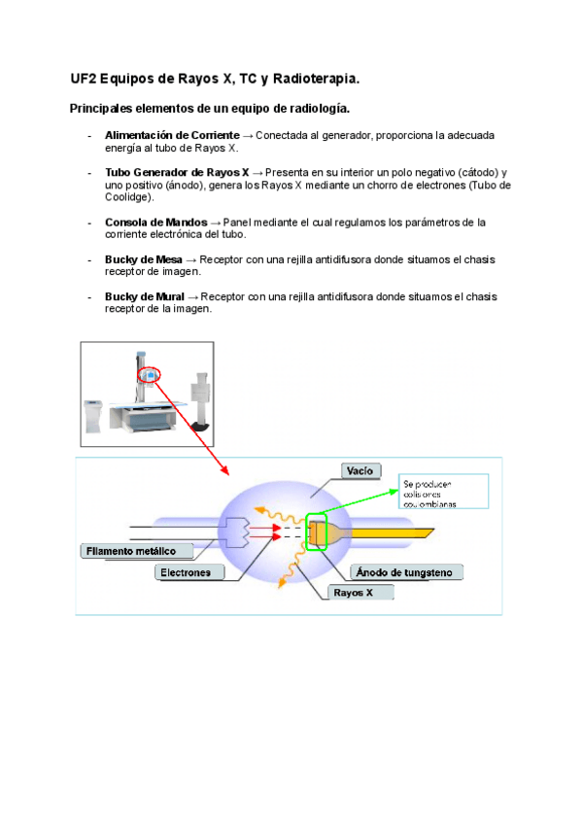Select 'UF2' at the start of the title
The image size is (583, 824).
point(84,77)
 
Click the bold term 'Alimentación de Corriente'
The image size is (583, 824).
point(172,134)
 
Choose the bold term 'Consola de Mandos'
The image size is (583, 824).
point(155,222)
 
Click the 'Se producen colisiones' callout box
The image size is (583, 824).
point(441,493)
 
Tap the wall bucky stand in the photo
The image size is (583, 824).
point(201,398)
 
